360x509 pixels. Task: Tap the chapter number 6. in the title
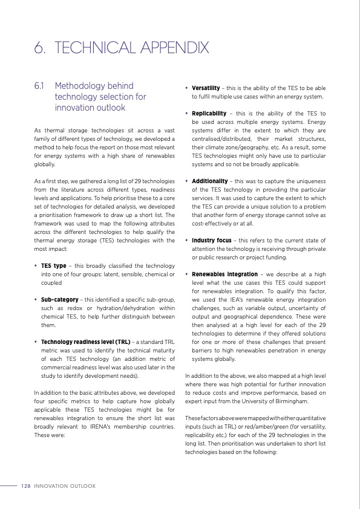41,48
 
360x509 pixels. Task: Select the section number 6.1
41,86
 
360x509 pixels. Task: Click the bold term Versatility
206,88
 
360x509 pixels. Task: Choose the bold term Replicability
209,113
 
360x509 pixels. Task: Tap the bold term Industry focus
212,241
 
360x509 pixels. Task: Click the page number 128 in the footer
25,485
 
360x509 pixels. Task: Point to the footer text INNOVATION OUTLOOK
65,485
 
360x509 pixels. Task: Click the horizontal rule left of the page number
8,485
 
